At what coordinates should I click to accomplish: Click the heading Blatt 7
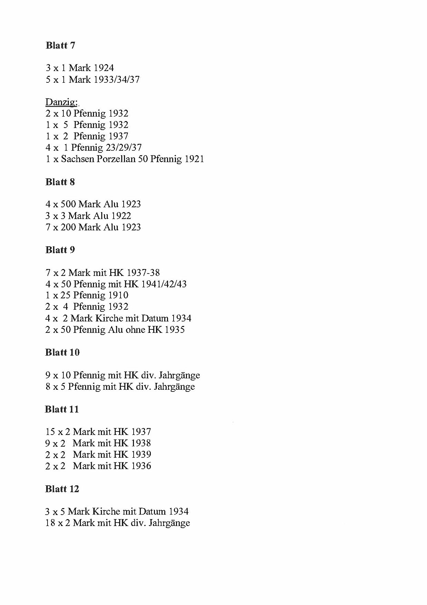point(60,46)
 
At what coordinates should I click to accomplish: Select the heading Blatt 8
point(60,182)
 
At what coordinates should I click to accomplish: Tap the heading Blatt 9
point(60,250)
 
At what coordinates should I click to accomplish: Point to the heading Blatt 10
point(62,353)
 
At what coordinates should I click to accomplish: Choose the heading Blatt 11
point(62,409)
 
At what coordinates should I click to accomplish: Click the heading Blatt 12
point(62,489)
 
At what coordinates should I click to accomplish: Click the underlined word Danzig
point(61,102)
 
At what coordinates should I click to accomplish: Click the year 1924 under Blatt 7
point(104,68)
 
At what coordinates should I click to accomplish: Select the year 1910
point(118,295)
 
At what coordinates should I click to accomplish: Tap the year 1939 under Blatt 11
point(141,455)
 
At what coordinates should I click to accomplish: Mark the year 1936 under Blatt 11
point(141,466)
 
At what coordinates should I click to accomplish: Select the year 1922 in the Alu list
point(121,216)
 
